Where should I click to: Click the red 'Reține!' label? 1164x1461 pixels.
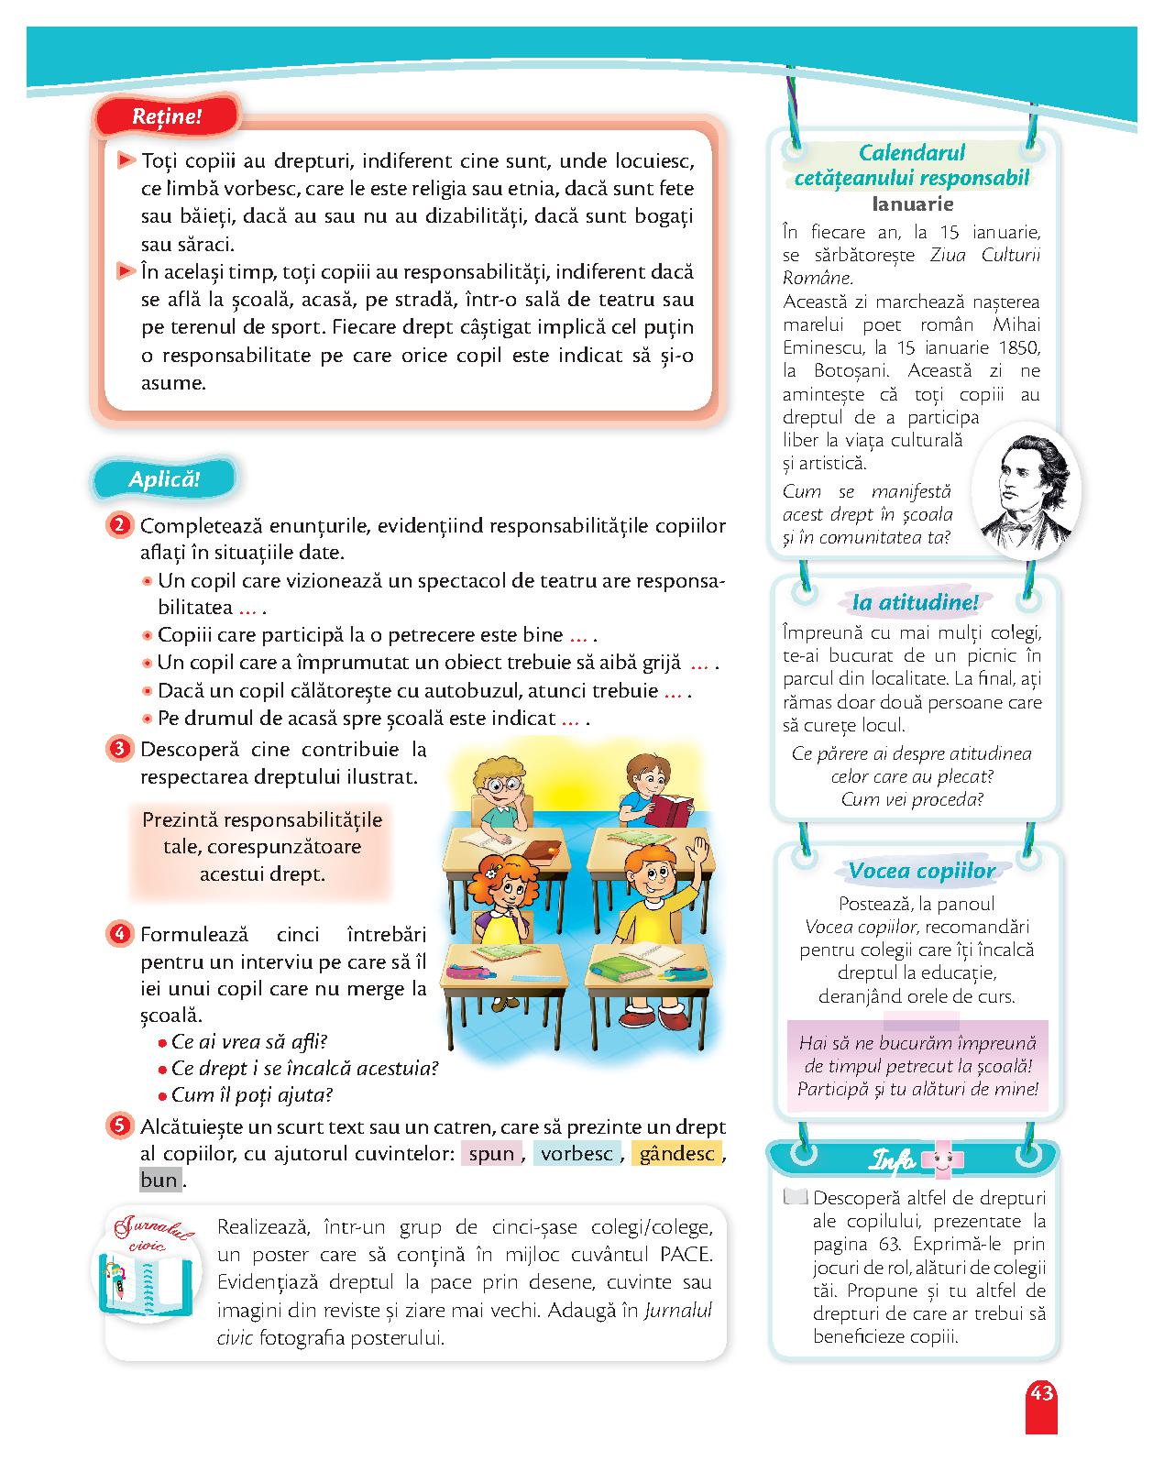(167, 117)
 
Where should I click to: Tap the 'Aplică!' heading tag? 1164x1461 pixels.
(164, 478)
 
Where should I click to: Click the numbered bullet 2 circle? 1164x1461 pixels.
(119, 526)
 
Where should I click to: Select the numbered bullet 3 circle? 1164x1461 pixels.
(119, 749)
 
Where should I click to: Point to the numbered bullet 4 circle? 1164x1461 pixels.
(119, 935)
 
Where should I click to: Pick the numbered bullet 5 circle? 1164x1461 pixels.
(119, 1126)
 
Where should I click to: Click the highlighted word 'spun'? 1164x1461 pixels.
(491, 1154)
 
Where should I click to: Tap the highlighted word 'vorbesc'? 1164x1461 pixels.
(576, 1154)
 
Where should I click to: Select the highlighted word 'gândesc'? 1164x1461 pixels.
(676, 1154)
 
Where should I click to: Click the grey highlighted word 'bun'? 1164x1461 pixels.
(159, 1181)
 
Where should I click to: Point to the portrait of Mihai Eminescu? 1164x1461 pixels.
(1025, 490)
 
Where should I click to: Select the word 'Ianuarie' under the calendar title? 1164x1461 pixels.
(913, 203)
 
